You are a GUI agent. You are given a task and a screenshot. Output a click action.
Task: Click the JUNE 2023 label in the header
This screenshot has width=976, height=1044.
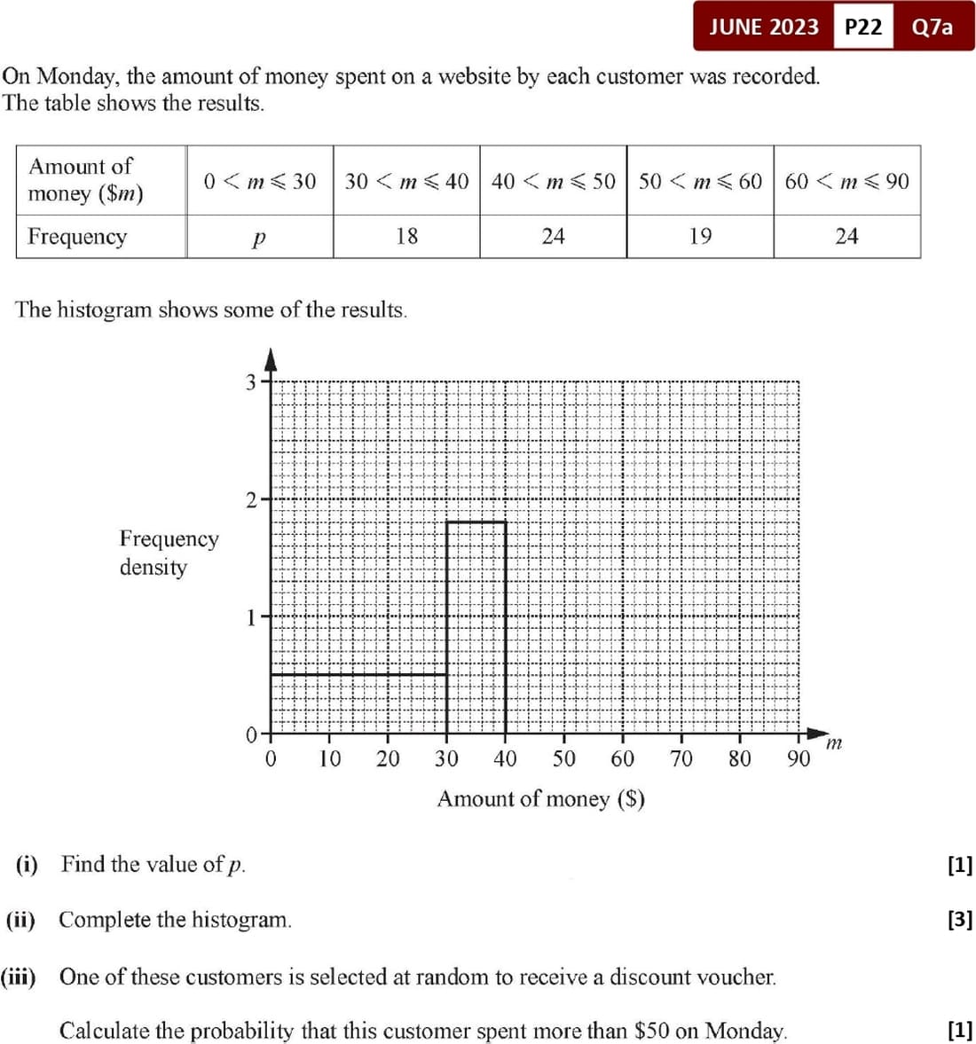[764, 27]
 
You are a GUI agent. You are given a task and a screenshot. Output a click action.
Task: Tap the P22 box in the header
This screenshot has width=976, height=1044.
[863, 27]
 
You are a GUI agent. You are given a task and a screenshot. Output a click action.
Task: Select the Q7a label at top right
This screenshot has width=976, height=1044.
[933, 27]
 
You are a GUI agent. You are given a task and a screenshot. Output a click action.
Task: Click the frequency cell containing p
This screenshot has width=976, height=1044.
[258, 237]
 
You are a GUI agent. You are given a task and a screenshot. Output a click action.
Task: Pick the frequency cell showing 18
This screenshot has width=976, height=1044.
[406, 236]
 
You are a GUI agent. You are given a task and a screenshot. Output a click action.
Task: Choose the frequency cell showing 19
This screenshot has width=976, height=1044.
[700, 236]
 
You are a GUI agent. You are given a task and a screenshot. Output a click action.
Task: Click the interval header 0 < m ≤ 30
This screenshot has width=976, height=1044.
[259, 181]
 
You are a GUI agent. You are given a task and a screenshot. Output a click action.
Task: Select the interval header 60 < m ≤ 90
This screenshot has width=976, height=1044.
[846, 181]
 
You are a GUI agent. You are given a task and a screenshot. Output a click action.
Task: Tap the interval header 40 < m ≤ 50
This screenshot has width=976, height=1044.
[553, 181]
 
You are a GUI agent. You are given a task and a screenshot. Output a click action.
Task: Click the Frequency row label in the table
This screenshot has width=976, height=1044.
[77, 237]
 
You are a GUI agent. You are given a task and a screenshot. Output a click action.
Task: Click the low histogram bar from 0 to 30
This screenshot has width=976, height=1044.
[358, 704]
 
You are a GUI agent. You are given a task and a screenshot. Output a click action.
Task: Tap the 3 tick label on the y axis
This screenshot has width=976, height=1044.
[251, 382]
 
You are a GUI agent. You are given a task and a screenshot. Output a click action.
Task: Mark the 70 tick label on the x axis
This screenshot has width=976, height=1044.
[681, 759]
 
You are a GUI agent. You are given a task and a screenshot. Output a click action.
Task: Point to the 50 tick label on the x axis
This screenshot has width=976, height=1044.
[563, 759]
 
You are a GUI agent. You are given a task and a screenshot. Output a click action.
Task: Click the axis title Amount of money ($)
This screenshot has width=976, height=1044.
[540, 799]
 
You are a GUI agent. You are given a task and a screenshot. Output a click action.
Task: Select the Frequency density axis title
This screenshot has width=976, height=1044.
[169, 553]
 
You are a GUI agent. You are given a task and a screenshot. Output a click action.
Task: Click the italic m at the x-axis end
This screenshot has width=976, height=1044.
[833, 743]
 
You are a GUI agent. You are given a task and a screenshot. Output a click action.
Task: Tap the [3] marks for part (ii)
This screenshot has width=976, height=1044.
[959, 920]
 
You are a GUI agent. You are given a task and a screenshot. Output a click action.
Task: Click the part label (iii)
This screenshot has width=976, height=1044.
[18, 977]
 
